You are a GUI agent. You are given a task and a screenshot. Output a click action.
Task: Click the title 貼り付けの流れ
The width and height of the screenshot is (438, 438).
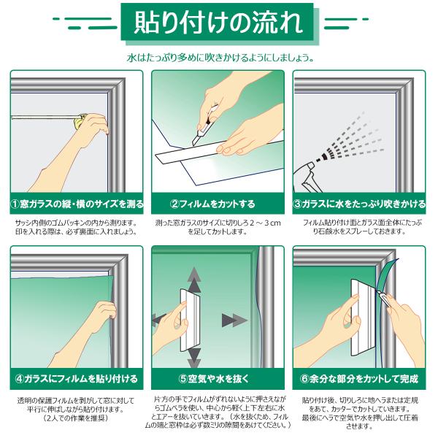(x=218, y=23)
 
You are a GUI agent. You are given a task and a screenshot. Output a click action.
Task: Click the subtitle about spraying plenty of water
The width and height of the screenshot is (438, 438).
(x=220, y=58)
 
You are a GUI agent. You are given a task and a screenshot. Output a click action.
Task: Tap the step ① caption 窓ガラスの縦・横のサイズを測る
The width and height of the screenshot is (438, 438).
(x=77, y=204)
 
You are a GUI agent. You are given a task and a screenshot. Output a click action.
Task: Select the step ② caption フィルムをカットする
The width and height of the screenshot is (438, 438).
(x=212, y=204)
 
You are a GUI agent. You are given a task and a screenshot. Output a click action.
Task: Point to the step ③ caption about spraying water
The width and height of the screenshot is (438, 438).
(x=359, y=204)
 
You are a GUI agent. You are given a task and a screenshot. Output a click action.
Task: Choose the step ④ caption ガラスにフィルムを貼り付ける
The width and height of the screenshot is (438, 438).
(x=77, y=379)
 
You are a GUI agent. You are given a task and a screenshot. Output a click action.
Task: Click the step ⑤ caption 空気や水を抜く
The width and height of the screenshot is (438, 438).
(x=214, y=379)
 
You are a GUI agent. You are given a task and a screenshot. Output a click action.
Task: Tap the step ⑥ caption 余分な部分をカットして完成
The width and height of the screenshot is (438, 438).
(x=359, y=379)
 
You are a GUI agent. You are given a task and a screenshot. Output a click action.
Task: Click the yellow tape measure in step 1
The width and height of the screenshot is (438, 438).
(x=80, y=120)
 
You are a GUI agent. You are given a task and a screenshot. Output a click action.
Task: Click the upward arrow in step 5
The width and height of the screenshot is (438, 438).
(x=194, y=280)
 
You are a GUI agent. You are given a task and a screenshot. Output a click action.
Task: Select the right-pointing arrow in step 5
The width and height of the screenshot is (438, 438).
(x=234, y=320)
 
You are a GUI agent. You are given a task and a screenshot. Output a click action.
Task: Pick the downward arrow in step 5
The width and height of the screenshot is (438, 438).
(x=194, y=358)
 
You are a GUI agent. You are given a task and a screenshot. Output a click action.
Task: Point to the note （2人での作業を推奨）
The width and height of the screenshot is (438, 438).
(x=76, y=418)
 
